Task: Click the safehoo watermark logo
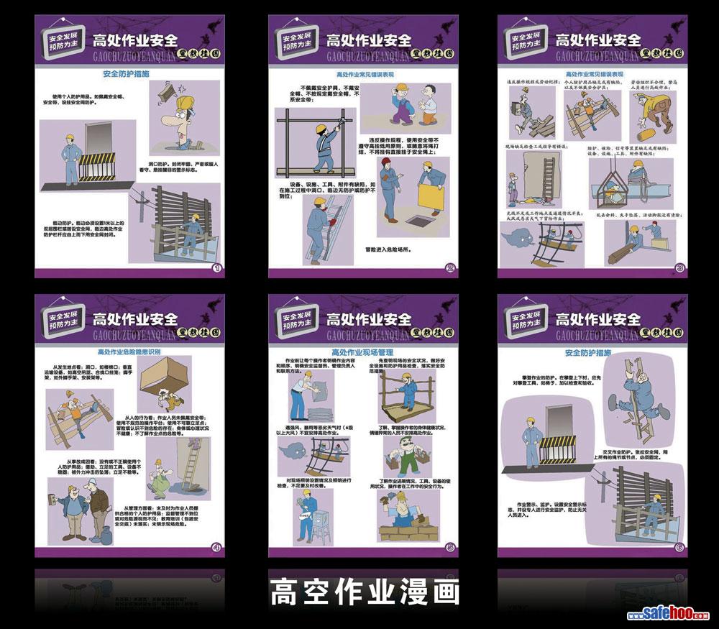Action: pyautogui.click(x=668, y=615)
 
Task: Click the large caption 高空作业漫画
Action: pyautogui.click(x=365, y=592)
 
